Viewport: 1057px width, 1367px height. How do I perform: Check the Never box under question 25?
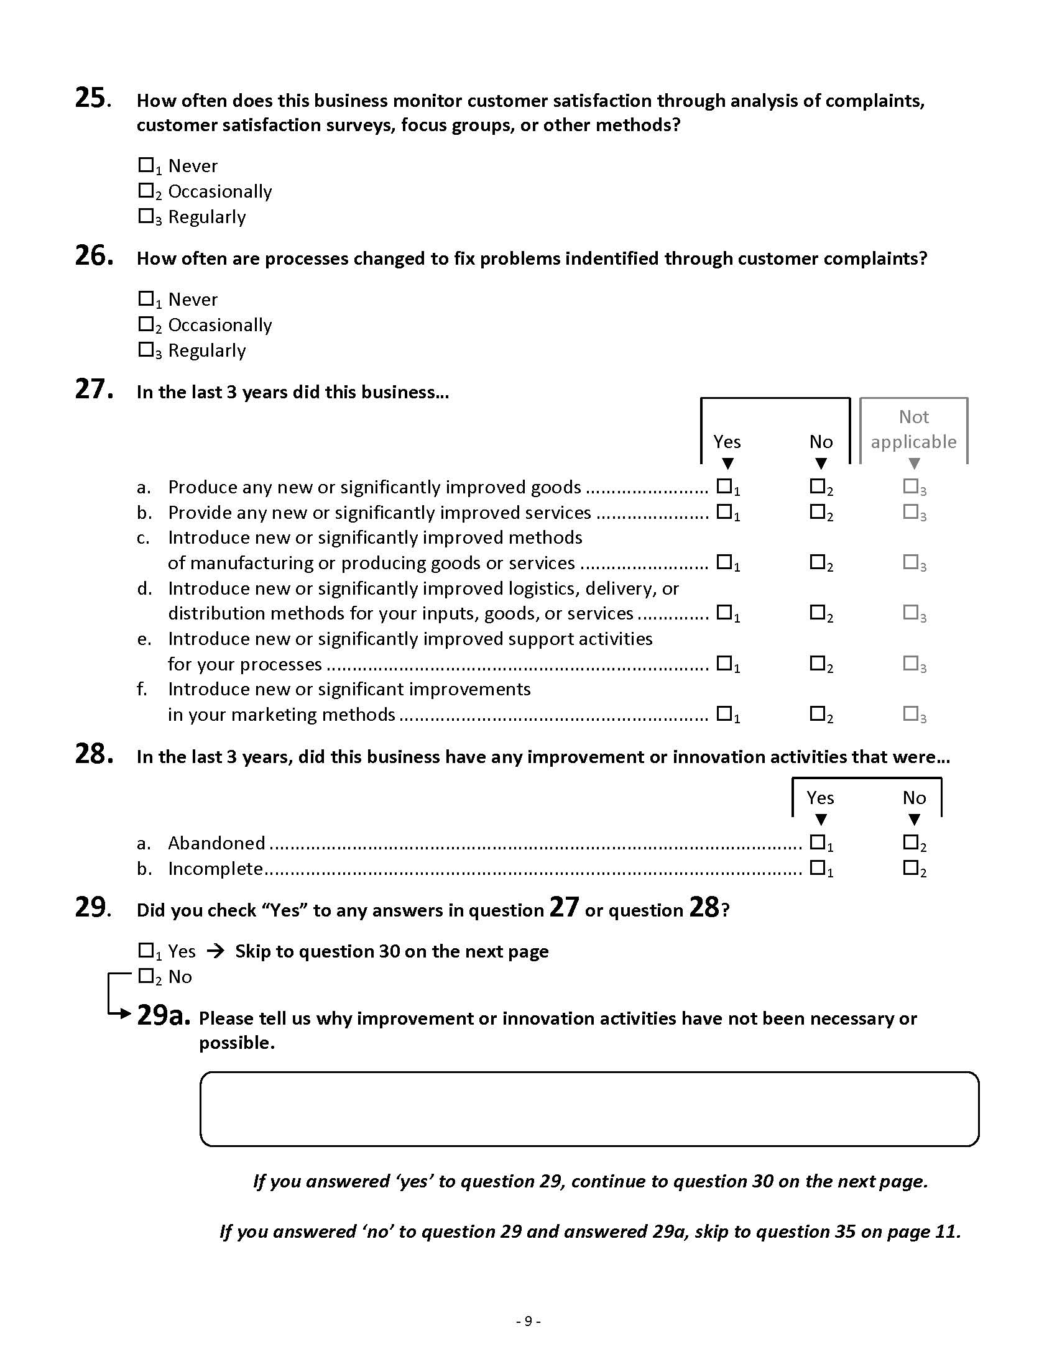click(145, 165)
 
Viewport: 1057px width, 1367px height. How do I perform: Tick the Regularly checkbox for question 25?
click(145, 216)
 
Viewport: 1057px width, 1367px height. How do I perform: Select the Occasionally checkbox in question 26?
click(145, 324)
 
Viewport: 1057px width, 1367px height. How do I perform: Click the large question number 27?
click(94, 390)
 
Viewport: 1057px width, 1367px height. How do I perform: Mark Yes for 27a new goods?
click(724, 486)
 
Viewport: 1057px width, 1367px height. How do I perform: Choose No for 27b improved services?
click(817, 511)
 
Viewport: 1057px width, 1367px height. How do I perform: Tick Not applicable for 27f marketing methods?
click(910, 713)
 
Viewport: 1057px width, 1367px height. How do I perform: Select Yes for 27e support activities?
click(724, 662)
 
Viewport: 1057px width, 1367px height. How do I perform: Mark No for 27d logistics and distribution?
click(817, 611)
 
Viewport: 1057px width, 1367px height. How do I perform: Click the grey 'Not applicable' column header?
click(913, 429)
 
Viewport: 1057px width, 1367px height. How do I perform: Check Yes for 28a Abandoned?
click(817, 842)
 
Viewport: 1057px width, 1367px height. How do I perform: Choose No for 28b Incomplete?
click(910, 867)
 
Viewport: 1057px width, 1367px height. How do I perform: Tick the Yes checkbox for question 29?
click(145, 951)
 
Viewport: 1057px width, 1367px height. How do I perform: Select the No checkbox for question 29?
click(145, 976)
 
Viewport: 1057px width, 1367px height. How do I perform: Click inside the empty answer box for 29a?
click(589, 1109)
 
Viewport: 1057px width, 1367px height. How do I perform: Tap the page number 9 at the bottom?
click(528, 1321)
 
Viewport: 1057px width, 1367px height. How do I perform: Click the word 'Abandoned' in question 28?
click(216, 843)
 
